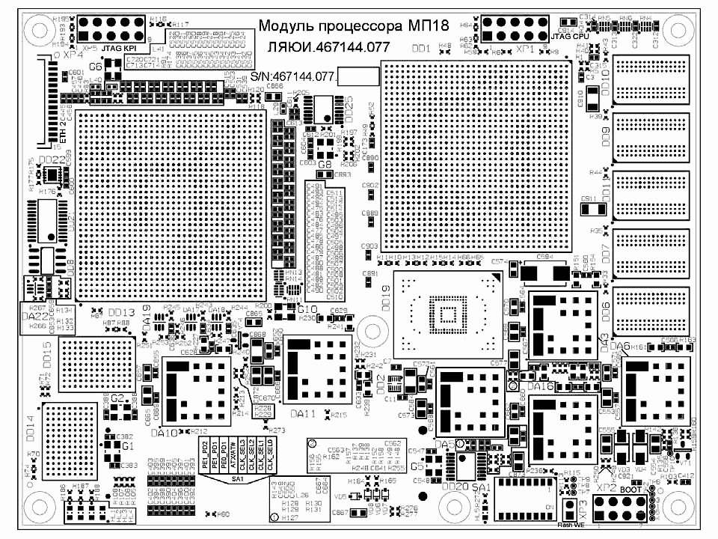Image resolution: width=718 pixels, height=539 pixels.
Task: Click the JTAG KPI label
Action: tap(117, 48)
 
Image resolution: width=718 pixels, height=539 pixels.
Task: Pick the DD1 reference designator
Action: tap(421, 49)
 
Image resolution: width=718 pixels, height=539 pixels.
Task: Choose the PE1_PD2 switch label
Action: tap(204, 456)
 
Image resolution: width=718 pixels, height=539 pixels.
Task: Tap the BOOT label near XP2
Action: tap(631, 487)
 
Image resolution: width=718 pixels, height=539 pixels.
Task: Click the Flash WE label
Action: tap(572, 526)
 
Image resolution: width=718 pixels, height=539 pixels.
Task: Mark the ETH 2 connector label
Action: tap(63, 132)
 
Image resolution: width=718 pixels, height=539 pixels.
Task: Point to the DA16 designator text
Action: tap(541, 386)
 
